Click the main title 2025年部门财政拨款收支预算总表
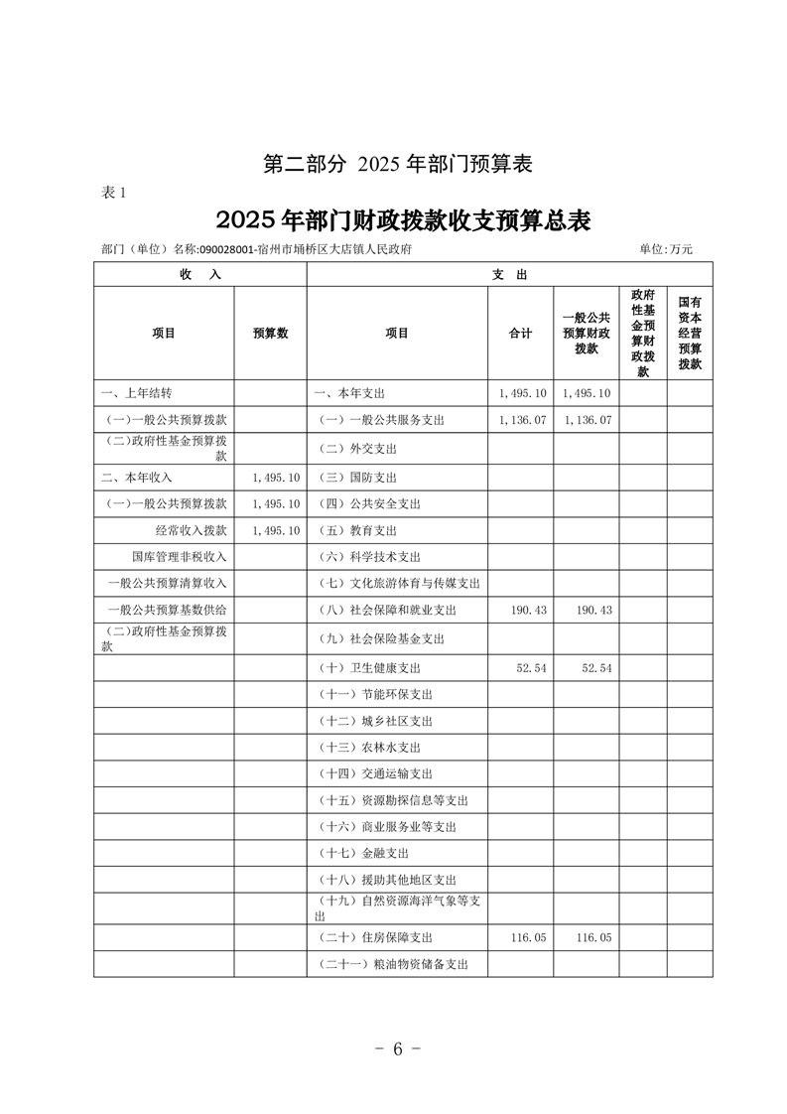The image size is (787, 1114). [x=402, y=219]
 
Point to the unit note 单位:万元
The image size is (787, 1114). [x=666, y=250]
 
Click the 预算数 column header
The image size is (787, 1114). [x=270, y=334]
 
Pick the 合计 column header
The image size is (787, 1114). [x=520, y=334]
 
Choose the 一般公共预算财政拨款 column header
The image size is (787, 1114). [x=586, y=334]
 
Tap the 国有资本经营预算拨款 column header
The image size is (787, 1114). [x=690, y=334]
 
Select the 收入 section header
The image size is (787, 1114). [x=200, y=274]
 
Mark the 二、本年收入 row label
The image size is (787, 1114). [x=137, y=477]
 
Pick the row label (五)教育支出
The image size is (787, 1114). [x=358, y=530]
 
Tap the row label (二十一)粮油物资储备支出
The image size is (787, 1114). [x=394, y=963]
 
